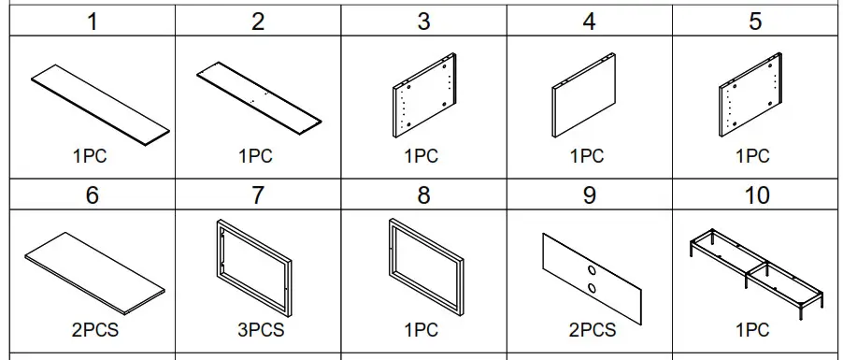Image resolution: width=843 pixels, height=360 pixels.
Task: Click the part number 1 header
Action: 92,22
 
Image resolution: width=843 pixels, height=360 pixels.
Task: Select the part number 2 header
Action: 258,22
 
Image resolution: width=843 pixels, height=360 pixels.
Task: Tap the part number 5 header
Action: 755,22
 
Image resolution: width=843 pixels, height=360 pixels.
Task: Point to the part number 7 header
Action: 258,194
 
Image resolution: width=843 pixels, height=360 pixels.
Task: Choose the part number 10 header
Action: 755,194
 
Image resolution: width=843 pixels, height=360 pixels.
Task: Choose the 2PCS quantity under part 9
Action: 591,330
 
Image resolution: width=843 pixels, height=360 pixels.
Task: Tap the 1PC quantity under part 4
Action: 588,157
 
